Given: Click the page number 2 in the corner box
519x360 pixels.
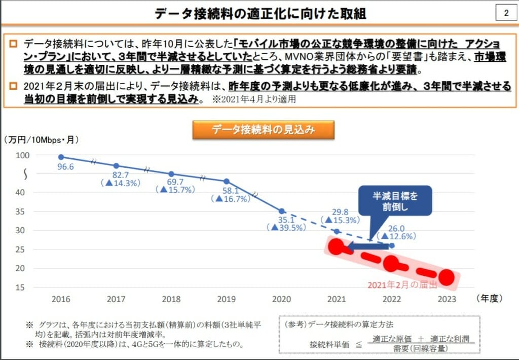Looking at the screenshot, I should [x=505, y=13].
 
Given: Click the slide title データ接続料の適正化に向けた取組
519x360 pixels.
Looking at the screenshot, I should [x=261, y=14].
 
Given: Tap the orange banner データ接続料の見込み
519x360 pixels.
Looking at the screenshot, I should [x=263, y=130].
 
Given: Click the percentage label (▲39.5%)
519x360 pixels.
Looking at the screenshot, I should [x=287, y=228].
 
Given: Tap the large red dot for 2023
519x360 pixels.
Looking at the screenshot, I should [x=446, y=277].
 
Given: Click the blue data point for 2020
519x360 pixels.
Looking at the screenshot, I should [x=282, y=211].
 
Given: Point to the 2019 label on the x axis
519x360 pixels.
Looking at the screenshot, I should [x=227, y=299].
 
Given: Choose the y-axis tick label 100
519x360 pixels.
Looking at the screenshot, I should [x=23, y=155].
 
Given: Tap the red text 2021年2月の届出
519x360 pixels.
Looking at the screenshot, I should [x=402, y=285].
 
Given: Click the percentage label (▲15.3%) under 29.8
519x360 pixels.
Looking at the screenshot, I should [x=342, y=220].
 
